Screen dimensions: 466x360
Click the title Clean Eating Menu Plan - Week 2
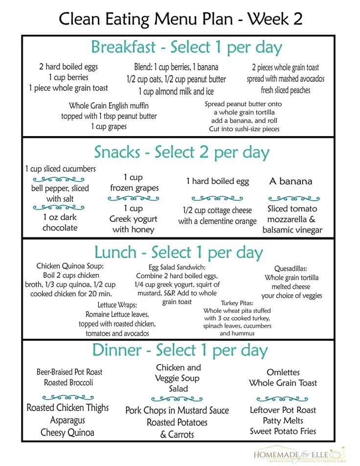[180, 19]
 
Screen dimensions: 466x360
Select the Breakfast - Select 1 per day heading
[186, 48]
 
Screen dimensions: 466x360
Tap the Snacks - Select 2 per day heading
[181, 152]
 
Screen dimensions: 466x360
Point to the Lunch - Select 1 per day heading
[179, 253]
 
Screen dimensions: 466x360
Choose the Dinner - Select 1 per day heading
[180, 350]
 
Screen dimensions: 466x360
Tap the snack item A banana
[291, 181]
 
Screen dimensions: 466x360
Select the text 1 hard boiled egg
[217, 181]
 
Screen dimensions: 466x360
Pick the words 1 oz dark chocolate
[60, 222]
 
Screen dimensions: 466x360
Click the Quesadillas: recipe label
[291, 269]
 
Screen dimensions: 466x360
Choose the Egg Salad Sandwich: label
[177, 268]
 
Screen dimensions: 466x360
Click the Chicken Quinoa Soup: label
[70, 266]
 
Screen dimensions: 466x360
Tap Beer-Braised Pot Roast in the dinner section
[69, 372]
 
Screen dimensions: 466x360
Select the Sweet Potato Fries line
[283, 431]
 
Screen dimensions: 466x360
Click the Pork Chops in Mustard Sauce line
[177, 410]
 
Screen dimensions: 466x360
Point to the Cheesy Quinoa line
[67, 432]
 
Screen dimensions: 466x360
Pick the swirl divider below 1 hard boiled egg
[217, 198]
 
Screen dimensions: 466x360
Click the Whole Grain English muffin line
[109, 106]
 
